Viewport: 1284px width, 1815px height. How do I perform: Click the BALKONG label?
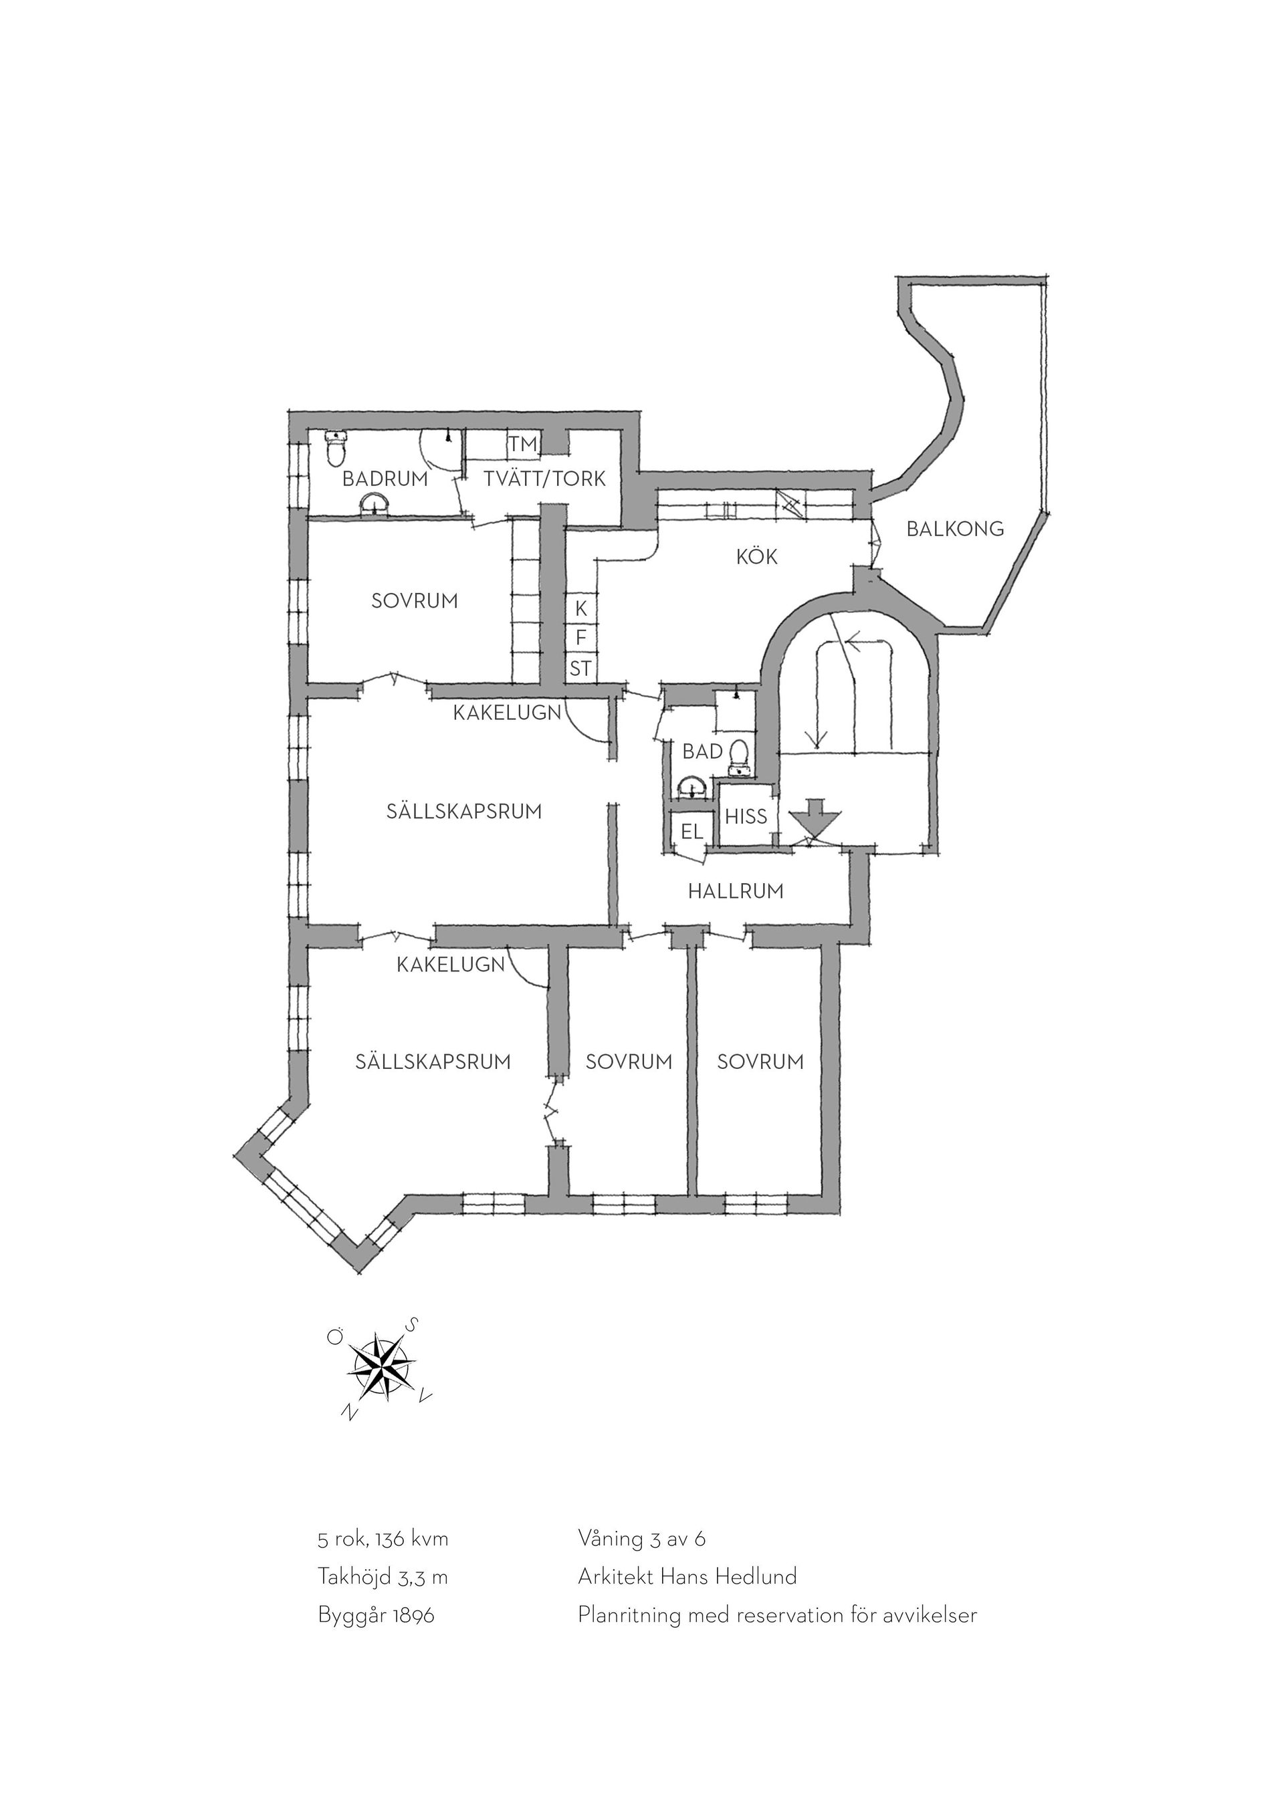tap(955, 529)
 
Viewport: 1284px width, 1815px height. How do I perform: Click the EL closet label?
tap(691, 832)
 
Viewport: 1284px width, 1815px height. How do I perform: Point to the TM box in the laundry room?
tap(522, 445)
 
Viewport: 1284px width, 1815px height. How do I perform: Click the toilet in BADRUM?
tap(336, 448)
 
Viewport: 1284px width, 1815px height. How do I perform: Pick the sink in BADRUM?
tap(373, 504)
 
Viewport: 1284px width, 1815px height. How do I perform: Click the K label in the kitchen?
tap(581, 609)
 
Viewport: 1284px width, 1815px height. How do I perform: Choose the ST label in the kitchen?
tap(580, 668)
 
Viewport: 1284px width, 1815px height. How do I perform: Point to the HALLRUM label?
tap(736, 891)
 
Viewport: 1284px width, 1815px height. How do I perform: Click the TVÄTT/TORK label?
tap(545, 478)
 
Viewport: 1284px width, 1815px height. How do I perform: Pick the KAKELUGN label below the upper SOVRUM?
tap(507, 712)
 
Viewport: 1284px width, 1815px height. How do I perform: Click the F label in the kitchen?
tap(580, 638)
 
